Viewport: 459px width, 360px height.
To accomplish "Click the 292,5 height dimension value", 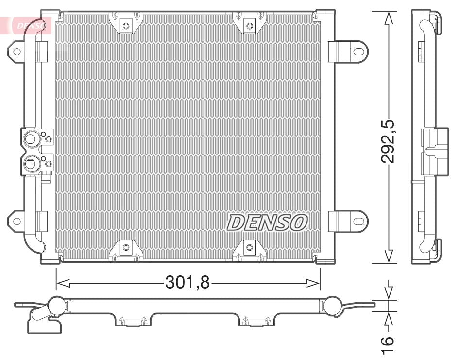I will [x=388, y=137].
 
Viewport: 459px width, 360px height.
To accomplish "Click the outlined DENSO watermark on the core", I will [x=267, y=223].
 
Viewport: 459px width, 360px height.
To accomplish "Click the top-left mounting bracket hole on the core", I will [x=126, y=25].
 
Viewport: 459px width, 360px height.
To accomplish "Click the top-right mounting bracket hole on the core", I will [x=249, y=25].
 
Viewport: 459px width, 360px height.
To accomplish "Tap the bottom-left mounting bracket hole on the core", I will [x=126, y=247].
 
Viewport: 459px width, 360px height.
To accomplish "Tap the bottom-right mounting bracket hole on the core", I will [x=249, y=247].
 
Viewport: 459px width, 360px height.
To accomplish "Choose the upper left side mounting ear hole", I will [x=17, y=51].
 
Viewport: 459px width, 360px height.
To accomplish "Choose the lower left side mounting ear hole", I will [x=17, y=221].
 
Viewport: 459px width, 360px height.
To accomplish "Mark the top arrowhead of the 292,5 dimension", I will [x=388, y=17].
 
